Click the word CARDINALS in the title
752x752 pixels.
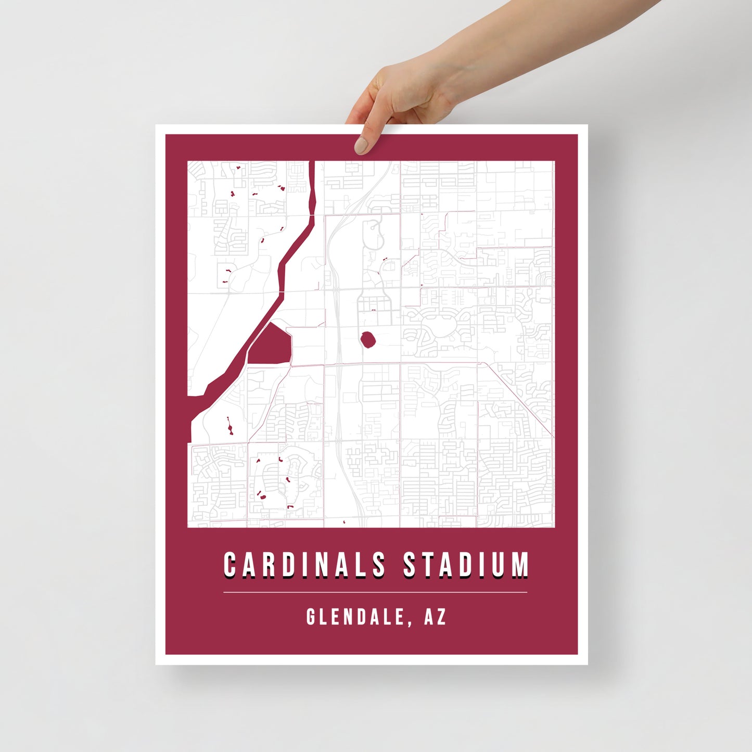(x=304, y=565)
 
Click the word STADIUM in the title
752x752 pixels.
(x=466, y=565)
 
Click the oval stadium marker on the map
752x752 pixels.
(x=368, y=340)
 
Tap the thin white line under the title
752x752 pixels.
(x=375, y=592)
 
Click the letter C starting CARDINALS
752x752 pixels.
(x=230, y=565)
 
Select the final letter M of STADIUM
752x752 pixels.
(x=520, y=565)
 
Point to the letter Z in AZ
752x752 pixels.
(x=442, y=617)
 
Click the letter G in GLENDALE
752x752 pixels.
(x=311, y=617)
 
